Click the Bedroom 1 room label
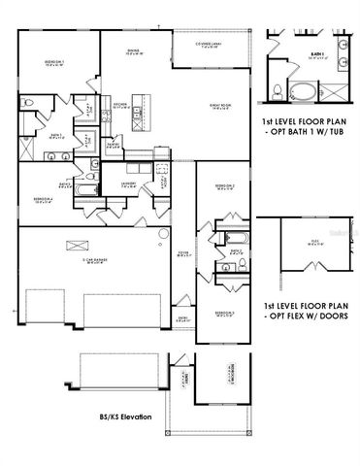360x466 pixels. (x=52, y=64)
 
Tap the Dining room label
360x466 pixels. (x=134, y=52)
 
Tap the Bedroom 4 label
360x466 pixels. (x=42, y=202)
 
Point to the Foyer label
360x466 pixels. (x=181, y=256)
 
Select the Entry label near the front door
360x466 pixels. (x=183, y=317)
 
